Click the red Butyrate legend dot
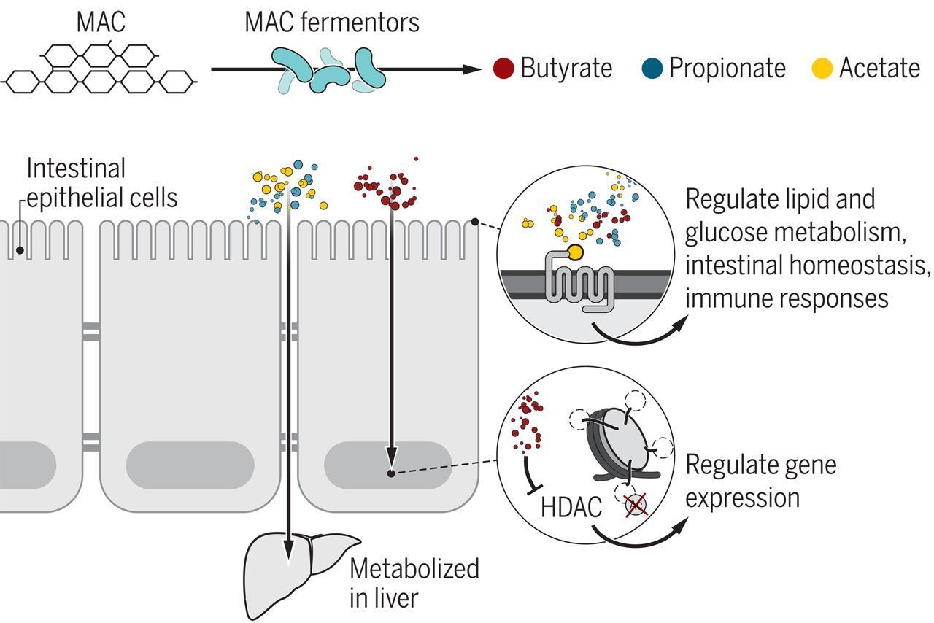[503, 69]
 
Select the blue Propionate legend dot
[652, 69]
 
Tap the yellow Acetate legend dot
[822, 69]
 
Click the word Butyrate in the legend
[566, 68]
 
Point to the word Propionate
[727, 68]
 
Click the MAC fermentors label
[332, 22]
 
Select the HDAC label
[571, 507]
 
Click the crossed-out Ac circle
[636, 505]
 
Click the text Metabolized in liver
[414, 583]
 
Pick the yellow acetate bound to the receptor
[575, 252]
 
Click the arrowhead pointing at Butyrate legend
[471, 69]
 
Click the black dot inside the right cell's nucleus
[390, 473]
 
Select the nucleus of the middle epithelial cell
[190, 465]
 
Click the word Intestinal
[76, 168]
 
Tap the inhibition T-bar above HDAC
[531, 476]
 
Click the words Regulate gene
[760, 465]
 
